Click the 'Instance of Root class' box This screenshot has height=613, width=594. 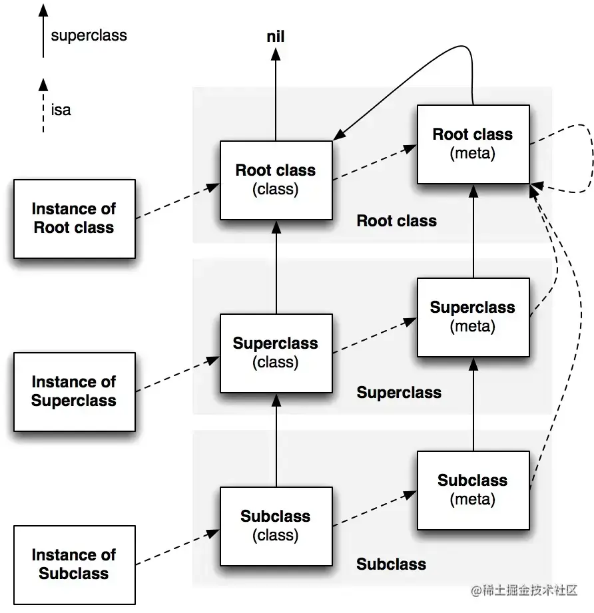tap(75, 218)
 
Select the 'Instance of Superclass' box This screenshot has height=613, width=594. tap(75, 392)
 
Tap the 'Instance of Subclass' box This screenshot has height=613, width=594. tap(75, 565)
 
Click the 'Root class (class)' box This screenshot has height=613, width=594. tap(276, 180)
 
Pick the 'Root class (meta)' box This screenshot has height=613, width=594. tap(473, 144)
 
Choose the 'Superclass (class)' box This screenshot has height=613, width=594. tap(276, 353)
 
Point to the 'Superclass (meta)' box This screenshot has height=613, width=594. tap(473, 317)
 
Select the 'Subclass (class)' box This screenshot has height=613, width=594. tap(276, 526)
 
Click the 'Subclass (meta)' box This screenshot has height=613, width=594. tap(473, 491)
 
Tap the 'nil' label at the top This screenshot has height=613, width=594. tap(276, 37)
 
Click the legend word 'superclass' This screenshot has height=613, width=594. tap(89, 35)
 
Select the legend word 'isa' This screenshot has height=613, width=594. tap(61, 110)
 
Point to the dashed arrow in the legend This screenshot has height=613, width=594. tap(43, 106)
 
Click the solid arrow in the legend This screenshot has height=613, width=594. tap(43, 31)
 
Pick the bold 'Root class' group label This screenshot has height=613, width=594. tap(396, 221)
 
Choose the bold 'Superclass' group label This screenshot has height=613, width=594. tap(399, 393)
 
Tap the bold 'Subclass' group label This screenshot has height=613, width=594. tap(391, 564)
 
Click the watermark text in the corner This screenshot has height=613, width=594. tap(524, 590)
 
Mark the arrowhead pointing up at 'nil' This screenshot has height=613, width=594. tap(276, 54)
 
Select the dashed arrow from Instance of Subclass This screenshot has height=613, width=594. tap(178, 547)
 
